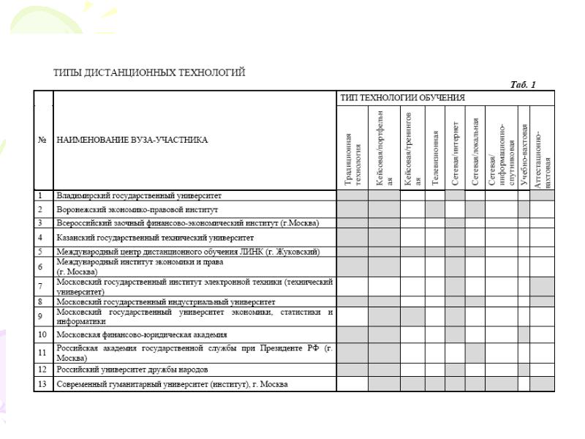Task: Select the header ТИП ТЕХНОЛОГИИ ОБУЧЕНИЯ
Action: pyautogui.click(x=402, y=97)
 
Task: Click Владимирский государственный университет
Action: pyautogui.click(x=139, y=196)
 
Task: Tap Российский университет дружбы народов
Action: pyautogui.click(x=132, y=369)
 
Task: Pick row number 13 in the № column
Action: pyautogui.click(x=43, y=383)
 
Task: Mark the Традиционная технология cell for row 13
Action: pyautogui.click(x=352, y=383)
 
